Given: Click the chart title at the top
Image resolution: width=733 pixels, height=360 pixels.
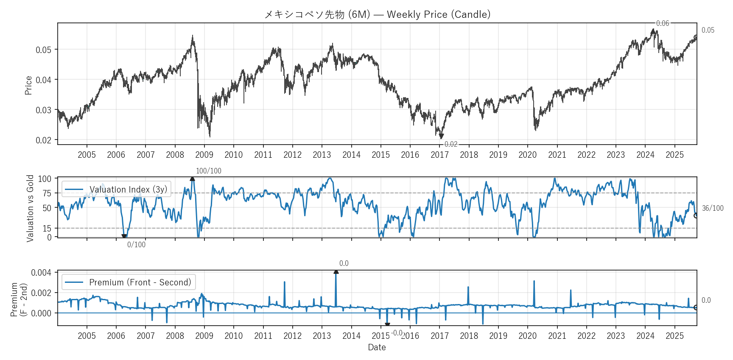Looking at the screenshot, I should coord(377,14).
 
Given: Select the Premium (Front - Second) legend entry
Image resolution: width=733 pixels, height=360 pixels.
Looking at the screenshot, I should coord(140,282).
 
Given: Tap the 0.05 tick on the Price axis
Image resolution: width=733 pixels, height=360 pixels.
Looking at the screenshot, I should coord(43,50).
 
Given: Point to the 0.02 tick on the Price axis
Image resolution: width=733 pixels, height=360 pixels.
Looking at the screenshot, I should coord(43,140).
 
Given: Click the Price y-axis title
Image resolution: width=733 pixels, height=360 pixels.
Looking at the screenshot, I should coord(28,85).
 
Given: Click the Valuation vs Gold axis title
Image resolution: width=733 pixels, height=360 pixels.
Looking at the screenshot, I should coord(30,208).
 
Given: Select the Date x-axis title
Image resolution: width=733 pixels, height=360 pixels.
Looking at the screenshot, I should coord(377,347).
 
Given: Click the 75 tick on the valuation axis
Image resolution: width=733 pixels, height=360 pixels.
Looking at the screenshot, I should coord(47,193).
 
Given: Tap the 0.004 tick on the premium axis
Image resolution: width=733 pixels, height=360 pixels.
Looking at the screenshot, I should coord(41,273).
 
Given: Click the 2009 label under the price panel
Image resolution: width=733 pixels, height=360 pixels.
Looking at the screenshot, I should coord(204,155).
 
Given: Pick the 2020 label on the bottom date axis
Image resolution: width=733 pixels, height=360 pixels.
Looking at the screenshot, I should coord(527,336).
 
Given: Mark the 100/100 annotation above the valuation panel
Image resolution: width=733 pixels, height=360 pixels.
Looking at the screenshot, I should coord(208,171).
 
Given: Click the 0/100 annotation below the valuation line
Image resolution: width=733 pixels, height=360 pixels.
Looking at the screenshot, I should coord(136,245).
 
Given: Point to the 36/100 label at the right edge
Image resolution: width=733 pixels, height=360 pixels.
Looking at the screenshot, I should coord(713,208).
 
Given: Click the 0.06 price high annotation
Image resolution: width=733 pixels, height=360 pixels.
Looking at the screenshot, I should coord(662,23).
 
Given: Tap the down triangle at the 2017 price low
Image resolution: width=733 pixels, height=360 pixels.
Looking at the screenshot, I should coord(441,137).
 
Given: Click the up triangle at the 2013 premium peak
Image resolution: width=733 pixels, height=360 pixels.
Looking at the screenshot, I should coord(336,271).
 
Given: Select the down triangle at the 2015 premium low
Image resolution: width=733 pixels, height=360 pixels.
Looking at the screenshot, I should coord(387,325).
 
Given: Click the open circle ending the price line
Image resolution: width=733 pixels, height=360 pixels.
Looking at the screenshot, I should coord(696,37).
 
